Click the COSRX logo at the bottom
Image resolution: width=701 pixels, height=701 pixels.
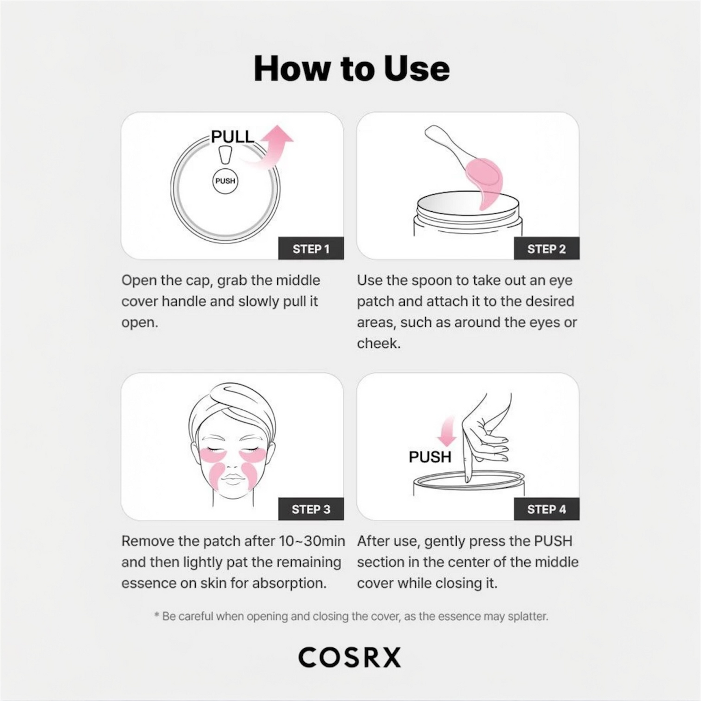(x=350, y=657)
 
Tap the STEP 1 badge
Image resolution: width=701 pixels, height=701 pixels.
(x=311, y=249)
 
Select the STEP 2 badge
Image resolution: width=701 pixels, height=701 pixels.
(x=546, y=249)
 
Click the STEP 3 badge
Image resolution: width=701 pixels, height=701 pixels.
(x=311, y=509)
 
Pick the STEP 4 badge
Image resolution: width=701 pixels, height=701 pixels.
(x=546, y=509)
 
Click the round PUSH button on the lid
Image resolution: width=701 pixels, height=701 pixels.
(x=225, y=181)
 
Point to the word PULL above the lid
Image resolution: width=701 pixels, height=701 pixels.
(x=232, y=136)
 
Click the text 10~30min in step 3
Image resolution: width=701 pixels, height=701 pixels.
(x=312, y=541)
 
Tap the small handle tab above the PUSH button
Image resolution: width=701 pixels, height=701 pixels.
(x=225, y=154)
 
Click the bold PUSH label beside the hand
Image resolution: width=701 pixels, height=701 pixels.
(x=430, y=457)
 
